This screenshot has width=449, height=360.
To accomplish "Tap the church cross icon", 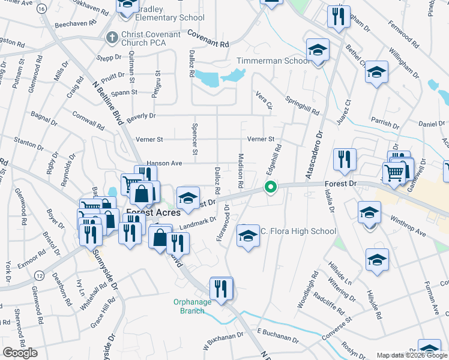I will [111, 38].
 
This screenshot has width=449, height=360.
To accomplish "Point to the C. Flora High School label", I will [298, 231].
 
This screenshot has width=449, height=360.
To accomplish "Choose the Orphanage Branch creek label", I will [193, 306].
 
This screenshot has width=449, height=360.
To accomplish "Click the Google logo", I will [20, 353].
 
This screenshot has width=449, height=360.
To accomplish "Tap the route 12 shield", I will [38, 275].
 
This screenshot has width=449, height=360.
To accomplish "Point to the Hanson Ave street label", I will [164, 163].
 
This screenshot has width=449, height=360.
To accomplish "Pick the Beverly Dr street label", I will [140, 115].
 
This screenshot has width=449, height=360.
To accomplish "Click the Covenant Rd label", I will [208, 40].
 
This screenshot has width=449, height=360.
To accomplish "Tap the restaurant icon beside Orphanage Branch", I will [221, 289].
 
